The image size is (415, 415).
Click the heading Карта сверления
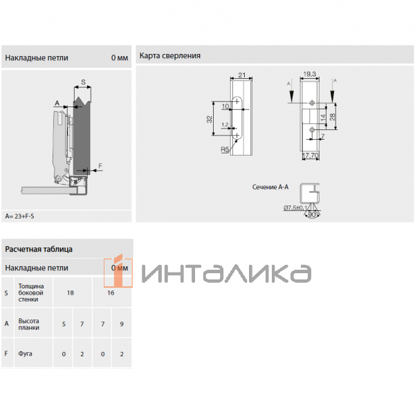click(170, 55)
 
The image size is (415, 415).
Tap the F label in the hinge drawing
click(100, 165)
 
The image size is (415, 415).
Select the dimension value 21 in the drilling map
click(242, 75)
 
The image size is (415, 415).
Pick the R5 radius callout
click(225, 149)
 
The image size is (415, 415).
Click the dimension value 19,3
click(309, 74)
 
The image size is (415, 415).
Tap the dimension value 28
click(333, 116)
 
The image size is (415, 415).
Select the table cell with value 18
click(70, 293)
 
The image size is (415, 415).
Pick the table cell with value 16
click(111, 293)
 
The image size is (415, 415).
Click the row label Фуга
click(26, 354)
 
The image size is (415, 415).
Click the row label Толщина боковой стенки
click(31, 293)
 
